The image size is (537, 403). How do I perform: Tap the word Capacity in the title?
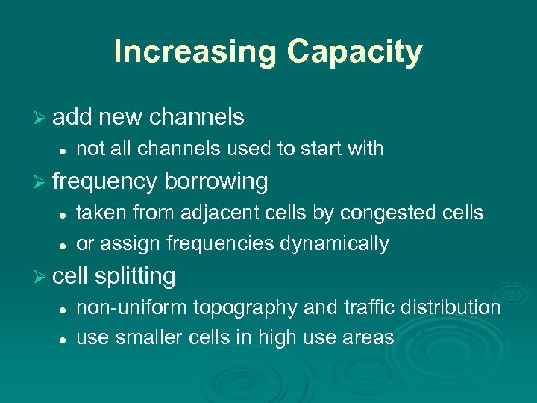[x=355, y=53]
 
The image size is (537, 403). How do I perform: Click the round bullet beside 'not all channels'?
[x=64, y=150]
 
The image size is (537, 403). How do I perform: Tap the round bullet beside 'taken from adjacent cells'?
[x=64, y=214]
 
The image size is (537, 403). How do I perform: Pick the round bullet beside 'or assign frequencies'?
[x=64, y=245]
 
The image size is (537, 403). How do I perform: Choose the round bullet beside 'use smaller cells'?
[x=64, y=339]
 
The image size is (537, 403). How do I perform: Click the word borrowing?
[x=216, y=181]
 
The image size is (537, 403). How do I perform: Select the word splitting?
[x=135, y=277]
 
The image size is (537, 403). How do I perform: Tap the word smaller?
[x=156, y=337]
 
